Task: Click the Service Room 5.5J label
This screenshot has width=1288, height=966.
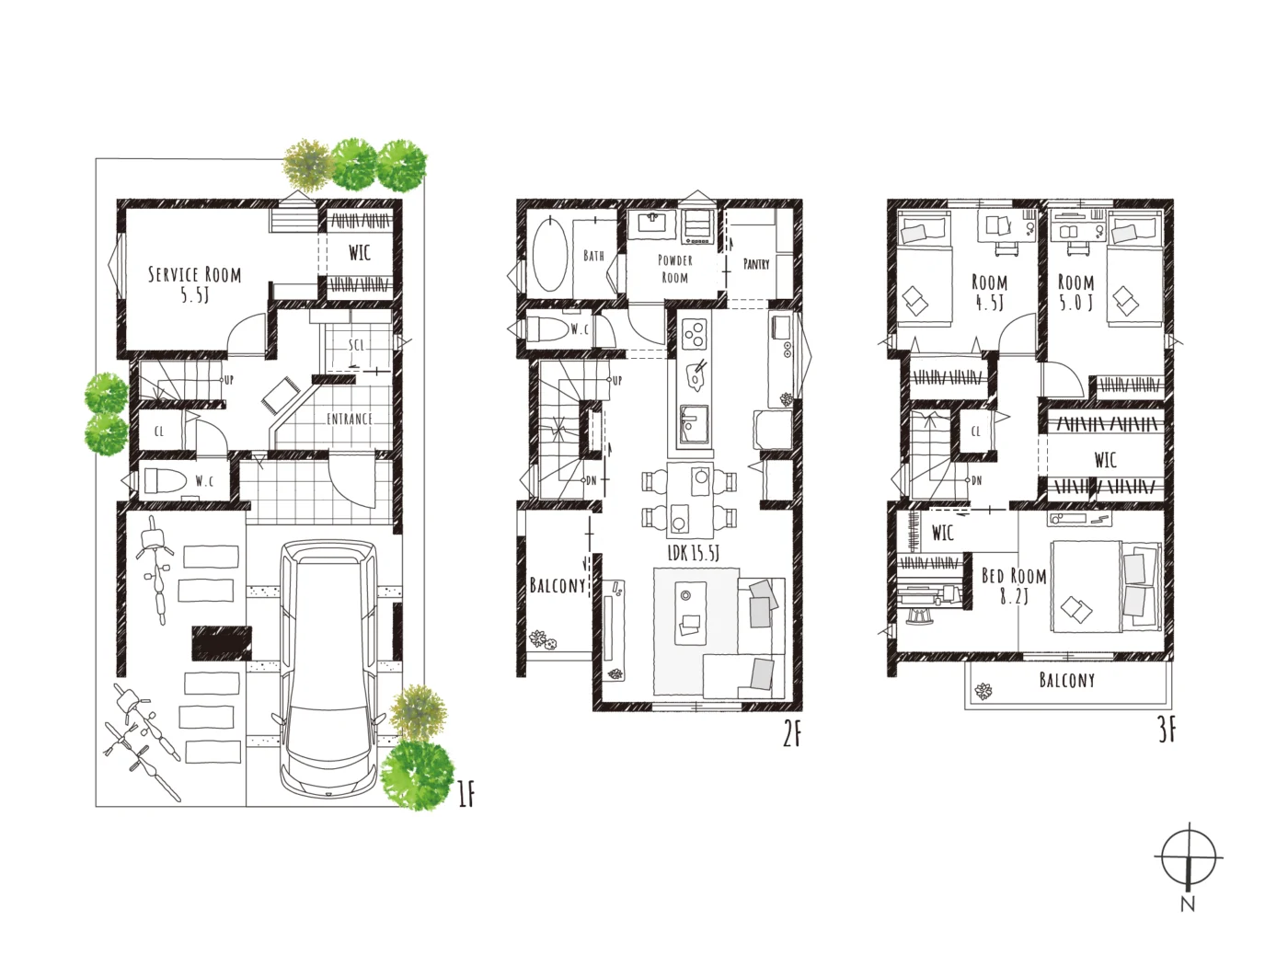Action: (194, 284)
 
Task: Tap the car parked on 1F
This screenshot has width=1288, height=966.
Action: (328, 668)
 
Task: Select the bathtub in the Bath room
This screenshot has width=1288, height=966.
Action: (550, 254)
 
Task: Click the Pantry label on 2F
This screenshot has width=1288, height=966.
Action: (756, 264)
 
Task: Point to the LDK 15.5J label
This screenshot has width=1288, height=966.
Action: (693, 553)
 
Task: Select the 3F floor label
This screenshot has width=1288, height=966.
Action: (1167, 730)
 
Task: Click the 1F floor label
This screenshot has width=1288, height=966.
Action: (466, 795)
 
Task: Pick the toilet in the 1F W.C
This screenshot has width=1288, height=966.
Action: (165, 481)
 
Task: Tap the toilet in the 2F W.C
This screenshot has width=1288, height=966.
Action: (547, 328)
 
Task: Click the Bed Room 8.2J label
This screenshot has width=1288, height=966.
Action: (1014, 585)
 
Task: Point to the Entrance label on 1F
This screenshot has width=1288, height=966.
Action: (350, 419)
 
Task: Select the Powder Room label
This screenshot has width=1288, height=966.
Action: (674, 268)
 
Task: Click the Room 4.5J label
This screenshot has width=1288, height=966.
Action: (989, 292)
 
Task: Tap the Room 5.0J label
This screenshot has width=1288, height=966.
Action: (1075, 292)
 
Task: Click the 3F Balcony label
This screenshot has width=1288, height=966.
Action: (1067, 680)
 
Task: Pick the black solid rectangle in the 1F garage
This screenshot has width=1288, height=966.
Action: (223, 643)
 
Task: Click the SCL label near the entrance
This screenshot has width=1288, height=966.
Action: (357, 345)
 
